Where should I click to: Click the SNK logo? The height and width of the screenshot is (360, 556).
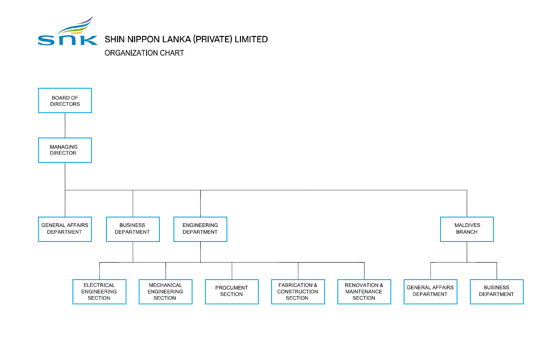tap(67, 31)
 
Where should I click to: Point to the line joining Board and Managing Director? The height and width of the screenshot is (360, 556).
tap(65, 126)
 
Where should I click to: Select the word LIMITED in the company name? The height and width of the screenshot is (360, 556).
tap(251, 39)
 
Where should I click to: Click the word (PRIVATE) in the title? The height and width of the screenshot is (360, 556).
tap(213, 39)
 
